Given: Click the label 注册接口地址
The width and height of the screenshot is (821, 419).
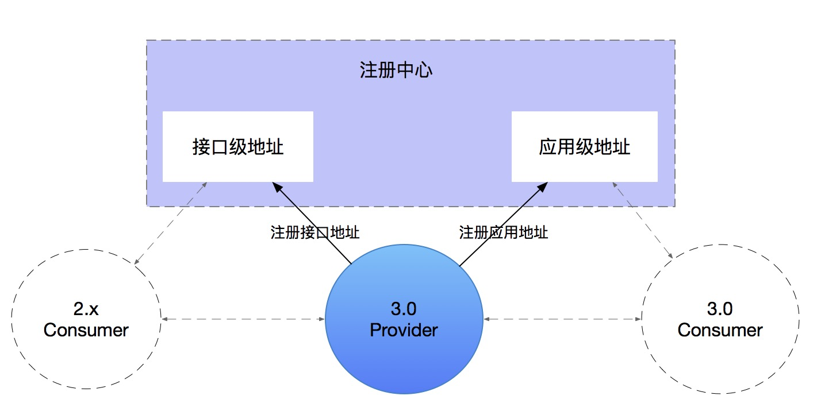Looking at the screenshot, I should pyautogui.click(x=315, y=232).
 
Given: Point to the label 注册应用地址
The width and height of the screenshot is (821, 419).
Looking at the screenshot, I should pyautogui.click(x=503, y=232).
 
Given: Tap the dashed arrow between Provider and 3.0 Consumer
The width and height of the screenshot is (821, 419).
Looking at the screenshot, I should pyautogui.click(x=562, y=319).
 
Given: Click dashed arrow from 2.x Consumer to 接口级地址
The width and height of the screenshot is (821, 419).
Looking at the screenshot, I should pyautogui.click(x=171, y=224).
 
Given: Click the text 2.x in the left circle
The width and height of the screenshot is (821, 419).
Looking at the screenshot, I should pyautogui.click(x=86, y=309).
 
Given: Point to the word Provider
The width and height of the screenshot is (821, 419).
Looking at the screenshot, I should pyautogui.click(x=404, y=330).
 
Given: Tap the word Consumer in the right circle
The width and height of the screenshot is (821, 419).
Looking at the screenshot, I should pyautogui.click(x=720, y=330).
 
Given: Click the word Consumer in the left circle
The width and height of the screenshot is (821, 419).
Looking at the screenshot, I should pyautogui.click(x=86, y=330).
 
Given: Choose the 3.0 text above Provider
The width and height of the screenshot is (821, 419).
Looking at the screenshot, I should pyautogui.click(x=404, y=309).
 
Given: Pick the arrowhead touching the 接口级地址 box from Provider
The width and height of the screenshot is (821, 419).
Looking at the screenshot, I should pyautogui.click(x=276, y=187).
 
